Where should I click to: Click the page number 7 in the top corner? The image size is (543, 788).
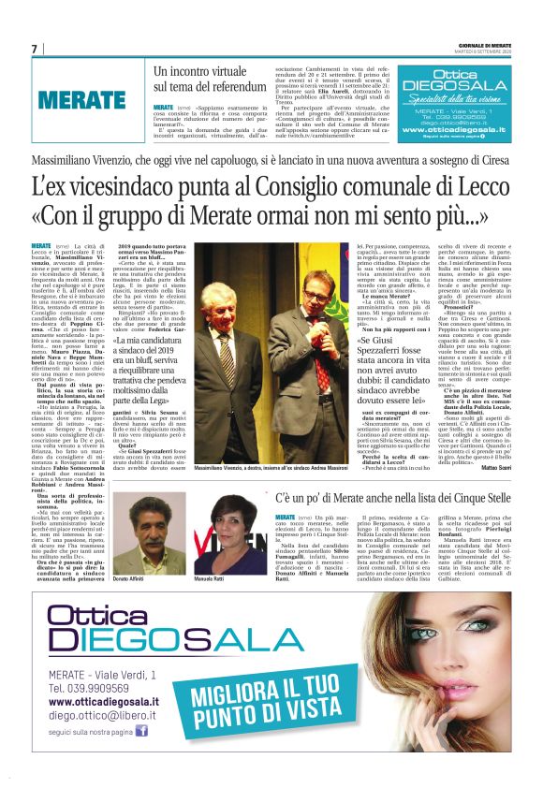coord(35,49)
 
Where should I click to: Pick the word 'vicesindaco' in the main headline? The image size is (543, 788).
coord(127,189)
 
